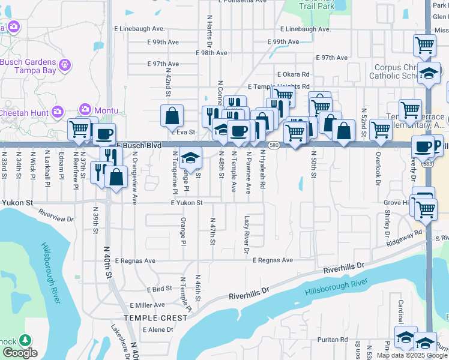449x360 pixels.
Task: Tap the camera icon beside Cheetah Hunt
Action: pos(58,111)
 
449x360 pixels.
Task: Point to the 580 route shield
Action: pos(273,145)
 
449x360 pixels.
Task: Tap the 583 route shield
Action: pos(427,163)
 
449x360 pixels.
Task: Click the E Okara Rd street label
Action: pos(293,74)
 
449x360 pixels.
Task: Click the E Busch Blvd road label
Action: pos(138,145)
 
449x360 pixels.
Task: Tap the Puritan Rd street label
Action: pos(335,339)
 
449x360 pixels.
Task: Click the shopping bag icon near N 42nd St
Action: pos(172,115)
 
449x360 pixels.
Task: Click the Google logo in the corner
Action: pos(20,353)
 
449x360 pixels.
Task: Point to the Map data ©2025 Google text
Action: pos(412,356)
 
